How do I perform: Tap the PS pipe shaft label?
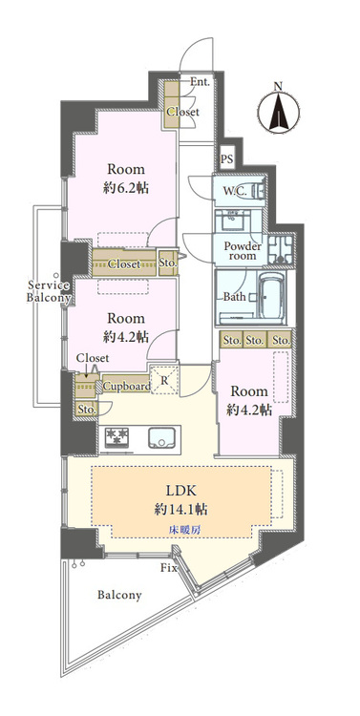[226, 159]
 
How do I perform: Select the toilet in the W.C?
[258, 191]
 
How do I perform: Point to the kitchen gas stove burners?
[117, 437]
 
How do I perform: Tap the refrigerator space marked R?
[164, 379]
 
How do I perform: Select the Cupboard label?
[127, 387]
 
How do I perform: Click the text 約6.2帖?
[126, 188]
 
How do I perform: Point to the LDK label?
[181, 492]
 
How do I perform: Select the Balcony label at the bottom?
[119, 595]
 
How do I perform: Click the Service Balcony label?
[48, 292]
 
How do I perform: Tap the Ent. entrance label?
[201, 82]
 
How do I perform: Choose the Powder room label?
[243, 251]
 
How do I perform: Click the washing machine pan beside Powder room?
[281, 249]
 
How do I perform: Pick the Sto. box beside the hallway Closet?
[168, 263]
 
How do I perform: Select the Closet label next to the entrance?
[182, 112]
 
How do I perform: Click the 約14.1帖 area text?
[181, 509]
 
